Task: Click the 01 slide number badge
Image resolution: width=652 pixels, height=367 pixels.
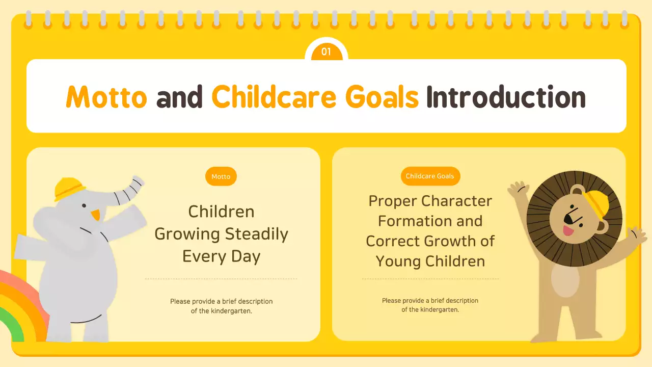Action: click(326, 51)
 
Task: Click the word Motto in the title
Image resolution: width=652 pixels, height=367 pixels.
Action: click(106, 97)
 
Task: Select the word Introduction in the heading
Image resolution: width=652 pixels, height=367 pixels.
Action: click(506, 97)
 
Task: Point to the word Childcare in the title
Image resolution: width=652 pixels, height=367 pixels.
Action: click(274, 97)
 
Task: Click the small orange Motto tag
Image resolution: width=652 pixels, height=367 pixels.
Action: click(221, 176)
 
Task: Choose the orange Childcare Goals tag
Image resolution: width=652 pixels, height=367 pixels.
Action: click(430, 176)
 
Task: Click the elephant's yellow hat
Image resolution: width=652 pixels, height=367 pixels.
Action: click(69, 188)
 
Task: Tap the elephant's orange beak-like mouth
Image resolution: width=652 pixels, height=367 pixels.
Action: click(95, 215)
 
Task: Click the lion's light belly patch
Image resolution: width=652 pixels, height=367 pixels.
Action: click(565, 280)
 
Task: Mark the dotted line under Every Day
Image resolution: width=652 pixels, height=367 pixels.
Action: click(221, 279)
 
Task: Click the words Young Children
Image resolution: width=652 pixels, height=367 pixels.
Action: click(430, 261)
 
